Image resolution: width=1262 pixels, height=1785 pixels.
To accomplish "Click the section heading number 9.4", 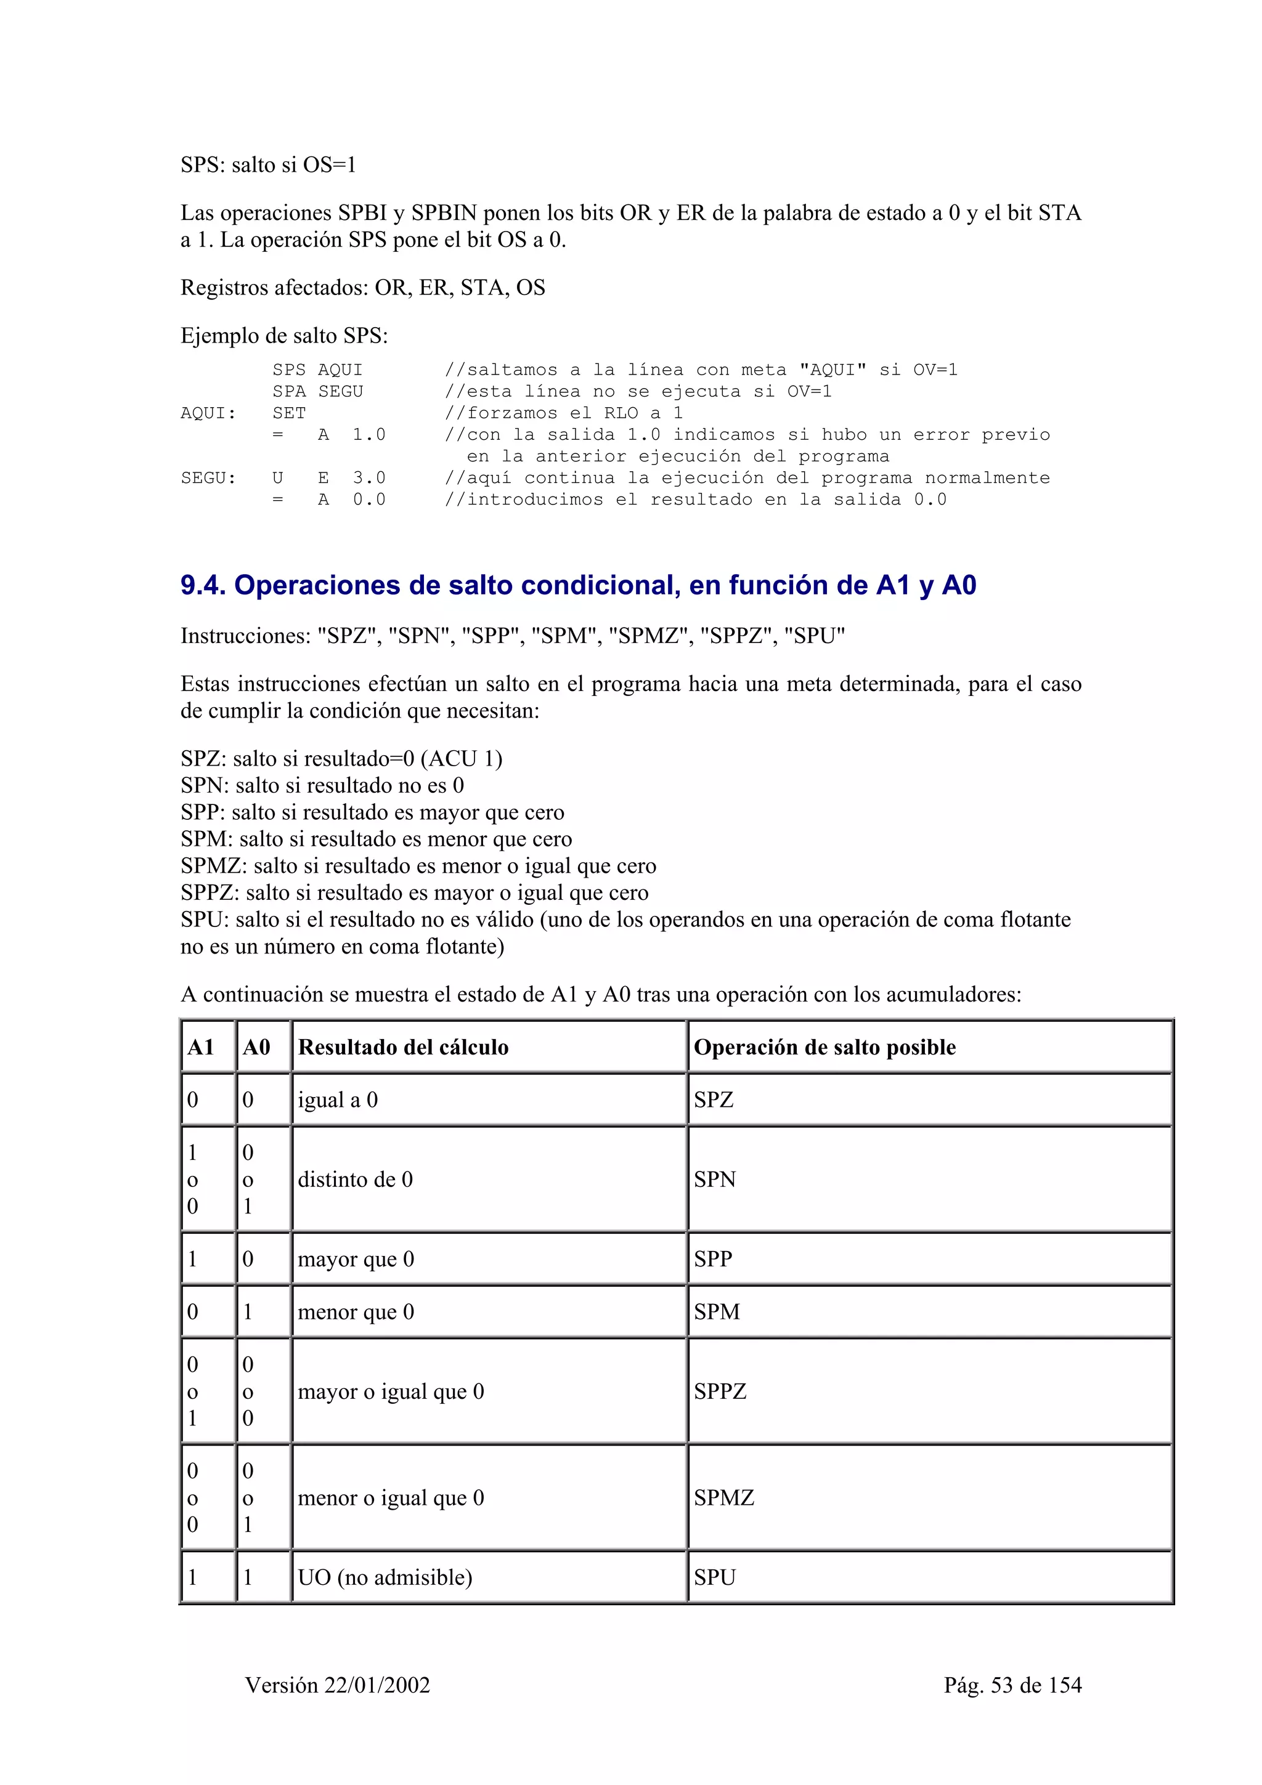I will click(203, 585).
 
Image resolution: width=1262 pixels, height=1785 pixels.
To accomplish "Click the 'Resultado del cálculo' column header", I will click(403, 1047).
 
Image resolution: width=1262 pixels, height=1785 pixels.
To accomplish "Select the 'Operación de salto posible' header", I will click(824, 1047).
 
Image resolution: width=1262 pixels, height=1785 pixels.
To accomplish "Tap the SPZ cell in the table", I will click(714, 1100).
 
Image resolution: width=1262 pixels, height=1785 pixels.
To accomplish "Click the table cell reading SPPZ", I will click(720, 1391).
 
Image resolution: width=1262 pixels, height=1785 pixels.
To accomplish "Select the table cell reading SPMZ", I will click(724, 1497).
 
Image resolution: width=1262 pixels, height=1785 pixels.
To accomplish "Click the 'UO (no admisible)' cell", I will click(385, 1577).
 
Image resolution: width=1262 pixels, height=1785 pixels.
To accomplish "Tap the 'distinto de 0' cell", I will click(356, 1180).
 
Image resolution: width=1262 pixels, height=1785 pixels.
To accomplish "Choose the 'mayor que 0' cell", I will click(356, 1258).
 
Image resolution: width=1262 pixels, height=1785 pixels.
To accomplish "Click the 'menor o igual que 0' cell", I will click(390, 1497).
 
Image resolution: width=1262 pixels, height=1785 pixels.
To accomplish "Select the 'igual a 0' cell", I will click(338, 1100).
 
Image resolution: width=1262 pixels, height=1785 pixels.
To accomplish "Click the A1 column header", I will click(201, 1047).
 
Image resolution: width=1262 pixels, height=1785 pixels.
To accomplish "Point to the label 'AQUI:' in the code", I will click(208, 413).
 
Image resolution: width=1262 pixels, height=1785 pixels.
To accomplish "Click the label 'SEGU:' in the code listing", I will click(208, 478).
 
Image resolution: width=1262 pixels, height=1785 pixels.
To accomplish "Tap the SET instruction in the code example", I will click(288, 413).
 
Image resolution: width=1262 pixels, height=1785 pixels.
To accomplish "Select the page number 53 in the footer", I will click(1001, 1685).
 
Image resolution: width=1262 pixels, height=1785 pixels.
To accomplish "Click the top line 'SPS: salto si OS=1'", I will click(268, 165).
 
